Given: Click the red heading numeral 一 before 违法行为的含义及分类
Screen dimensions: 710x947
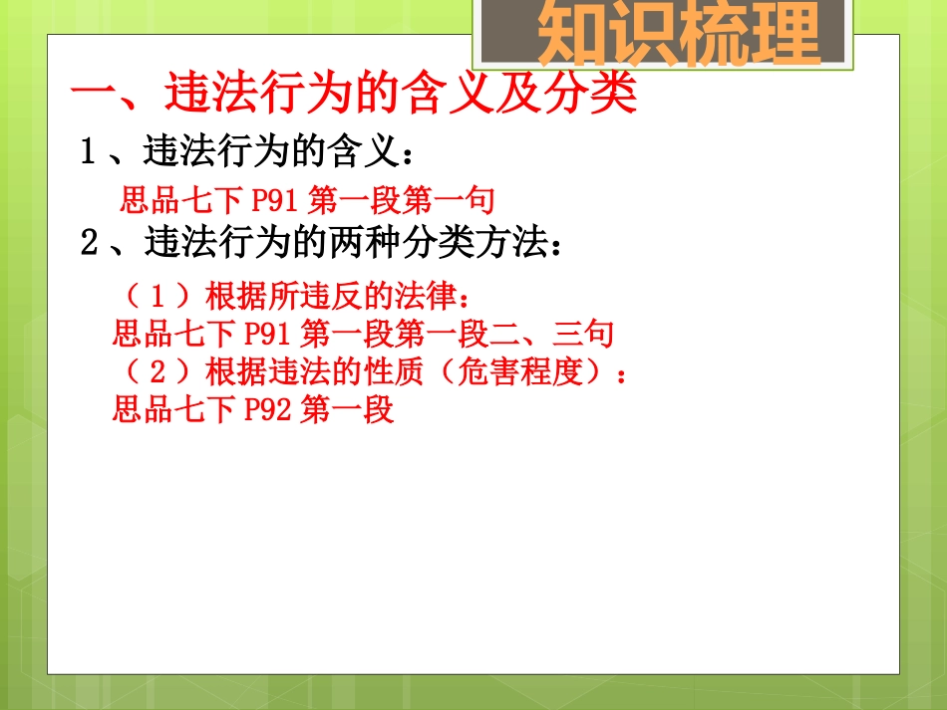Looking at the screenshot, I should tap(96, 98).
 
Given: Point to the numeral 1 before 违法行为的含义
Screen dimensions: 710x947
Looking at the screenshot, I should tap(89, 153).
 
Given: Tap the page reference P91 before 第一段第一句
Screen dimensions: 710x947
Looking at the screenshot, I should tap(275, 202).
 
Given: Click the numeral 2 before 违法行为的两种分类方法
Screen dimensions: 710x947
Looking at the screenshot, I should tap(89, 243).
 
